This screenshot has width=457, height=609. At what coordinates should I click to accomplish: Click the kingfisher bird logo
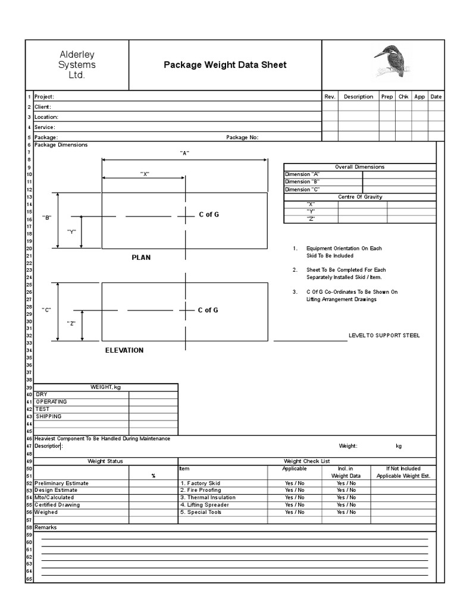coord(387,61)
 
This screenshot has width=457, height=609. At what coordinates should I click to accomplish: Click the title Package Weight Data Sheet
coord(225,65)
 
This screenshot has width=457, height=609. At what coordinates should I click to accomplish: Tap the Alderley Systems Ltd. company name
coord(77,65)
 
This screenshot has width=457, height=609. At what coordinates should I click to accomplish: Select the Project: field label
coord(45,97)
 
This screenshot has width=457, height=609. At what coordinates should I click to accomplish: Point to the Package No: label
coord(242,137)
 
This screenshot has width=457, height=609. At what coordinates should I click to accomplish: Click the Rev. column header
coord(330,96)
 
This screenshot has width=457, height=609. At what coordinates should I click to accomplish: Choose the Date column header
coord(436,96)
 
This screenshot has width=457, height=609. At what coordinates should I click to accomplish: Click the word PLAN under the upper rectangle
coord(141,258)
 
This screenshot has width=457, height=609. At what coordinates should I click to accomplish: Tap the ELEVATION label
coord(124,350)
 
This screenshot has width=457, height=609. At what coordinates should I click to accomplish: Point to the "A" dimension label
coord(184,153)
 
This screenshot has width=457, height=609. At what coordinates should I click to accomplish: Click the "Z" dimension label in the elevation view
coord(71,323)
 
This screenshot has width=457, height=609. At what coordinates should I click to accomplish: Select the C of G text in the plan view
coord(208,215)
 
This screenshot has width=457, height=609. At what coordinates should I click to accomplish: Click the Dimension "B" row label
coord(302,181)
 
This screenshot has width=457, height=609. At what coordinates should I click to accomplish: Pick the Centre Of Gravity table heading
coord(360,197)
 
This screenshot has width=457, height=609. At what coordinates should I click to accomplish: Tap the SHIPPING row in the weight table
coord(49,416)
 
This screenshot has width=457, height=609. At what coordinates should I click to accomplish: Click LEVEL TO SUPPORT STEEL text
coord(384,335)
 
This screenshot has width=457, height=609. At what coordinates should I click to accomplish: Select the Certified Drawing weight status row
coord(57,505)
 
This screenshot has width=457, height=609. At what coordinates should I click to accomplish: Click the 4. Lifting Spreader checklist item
coord(204,505)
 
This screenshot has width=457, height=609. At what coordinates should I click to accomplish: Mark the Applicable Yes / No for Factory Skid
coord(295,484)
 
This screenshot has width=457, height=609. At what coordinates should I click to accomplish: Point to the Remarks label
coord(45,527)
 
